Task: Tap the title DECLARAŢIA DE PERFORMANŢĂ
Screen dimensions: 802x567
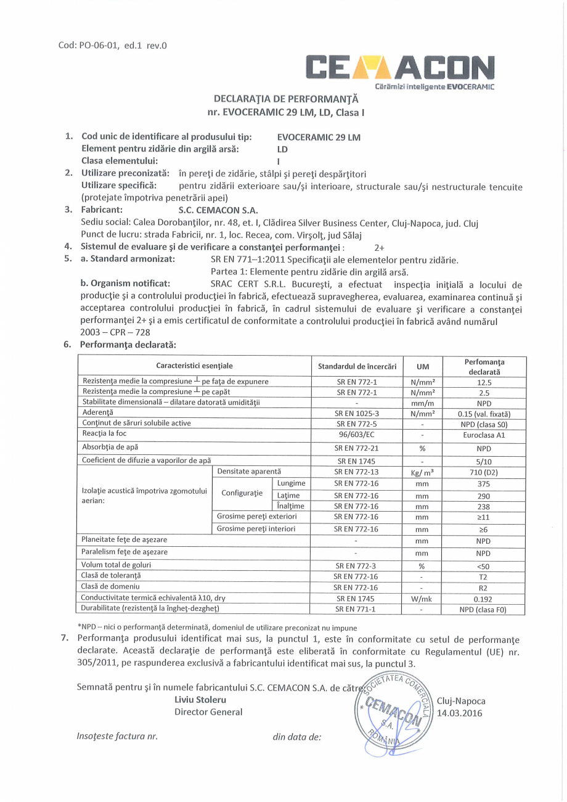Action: click(x=285, y=99)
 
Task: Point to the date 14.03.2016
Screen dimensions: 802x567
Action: click(x=459, y=713)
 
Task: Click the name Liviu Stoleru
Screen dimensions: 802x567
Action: click(x=201, y=700)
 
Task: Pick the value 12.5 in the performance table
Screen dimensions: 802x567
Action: click(x=487, y=382)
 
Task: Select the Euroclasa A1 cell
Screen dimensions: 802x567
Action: click(x=487, y=434)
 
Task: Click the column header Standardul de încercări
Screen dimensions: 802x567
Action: click(x=357, y=367)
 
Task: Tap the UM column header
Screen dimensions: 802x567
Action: click(x=422, y=367)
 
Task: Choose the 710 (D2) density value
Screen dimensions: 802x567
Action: click(x=487, y=472)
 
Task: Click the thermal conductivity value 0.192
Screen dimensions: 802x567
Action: click(x=487, y=599)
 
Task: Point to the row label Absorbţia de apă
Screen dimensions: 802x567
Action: click(x=112, y=446)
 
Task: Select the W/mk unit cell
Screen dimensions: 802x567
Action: click(x=422, y=599)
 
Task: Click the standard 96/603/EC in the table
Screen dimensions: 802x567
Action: click(x=357, y=434)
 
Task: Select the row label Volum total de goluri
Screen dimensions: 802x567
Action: click(x=116, y=565)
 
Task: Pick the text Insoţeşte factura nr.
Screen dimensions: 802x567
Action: click(x=118, y=736)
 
